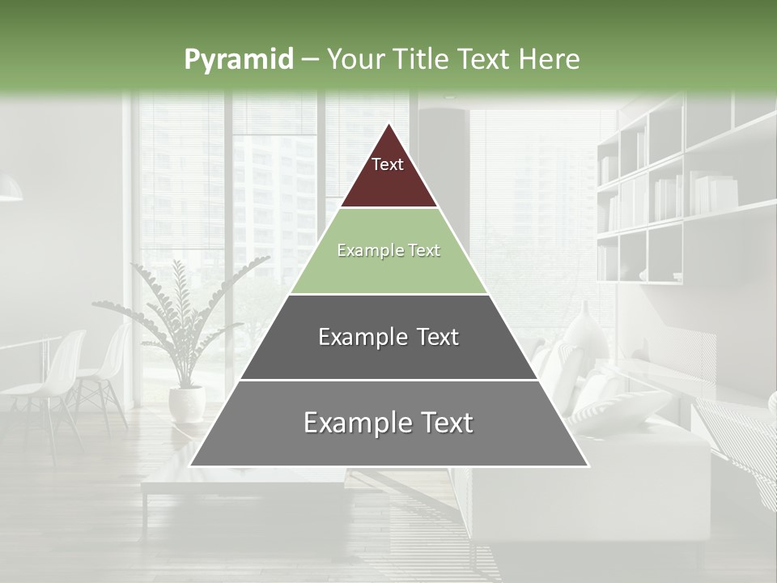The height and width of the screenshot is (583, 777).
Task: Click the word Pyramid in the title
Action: point(238,60)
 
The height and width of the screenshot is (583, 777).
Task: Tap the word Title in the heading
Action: point(421,59)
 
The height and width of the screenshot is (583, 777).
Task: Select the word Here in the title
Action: point(550,59)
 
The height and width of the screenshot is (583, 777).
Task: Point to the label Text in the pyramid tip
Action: point(388,164)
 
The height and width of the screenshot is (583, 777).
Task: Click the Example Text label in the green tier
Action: point(388,250)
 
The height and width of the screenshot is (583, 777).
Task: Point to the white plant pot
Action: point(186,402)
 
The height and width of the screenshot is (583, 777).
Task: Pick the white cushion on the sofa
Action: point(615,405)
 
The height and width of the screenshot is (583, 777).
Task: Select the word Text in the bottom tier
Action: point(442,423)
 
